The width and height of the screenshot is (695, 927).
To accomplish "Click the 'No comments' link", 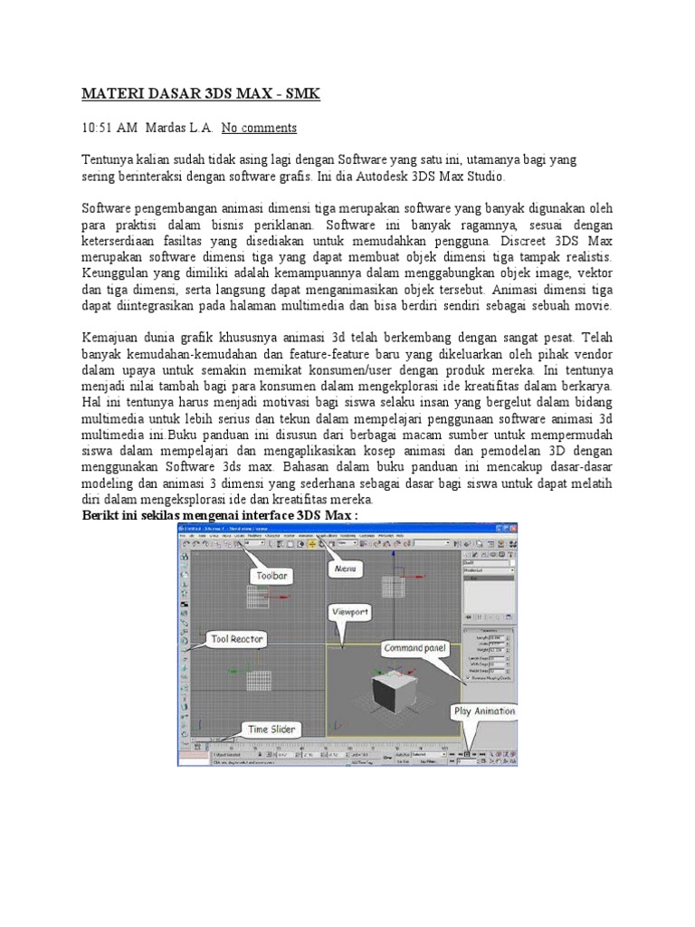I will point(259,128).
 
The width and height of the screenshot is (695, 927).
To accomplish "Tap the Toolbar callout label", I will point(271,575).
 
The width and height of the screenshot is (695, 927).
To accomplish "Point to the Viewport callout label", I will point(349,612).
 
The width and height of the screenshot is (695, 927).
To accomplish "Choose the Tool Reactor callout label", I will point(237,639).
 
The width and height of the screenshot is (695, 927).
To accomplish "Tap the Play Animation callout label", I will point(484,712).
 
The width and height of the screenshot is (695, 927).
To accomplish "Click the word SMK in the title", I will point(301,93).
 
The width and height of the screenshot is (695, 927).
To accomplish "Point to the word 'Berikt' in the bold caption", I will point(102,516).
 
